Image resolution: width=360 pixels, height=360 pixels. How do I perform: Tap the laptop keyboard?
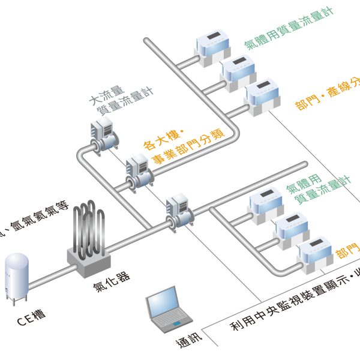click(170, 324)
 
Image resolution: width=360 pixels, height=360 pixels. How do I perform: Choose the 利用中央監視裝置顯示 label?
click(294, 306)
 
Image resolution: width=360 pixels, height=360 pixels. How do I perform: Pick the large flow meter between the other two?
click(139, 171)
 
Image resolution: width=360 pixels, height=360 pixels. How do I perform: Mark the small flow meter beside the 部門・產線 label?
click(262, 96)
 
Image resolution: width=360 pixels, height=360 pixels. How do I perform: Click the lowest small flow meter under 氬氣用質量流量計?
click(314, 255)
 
